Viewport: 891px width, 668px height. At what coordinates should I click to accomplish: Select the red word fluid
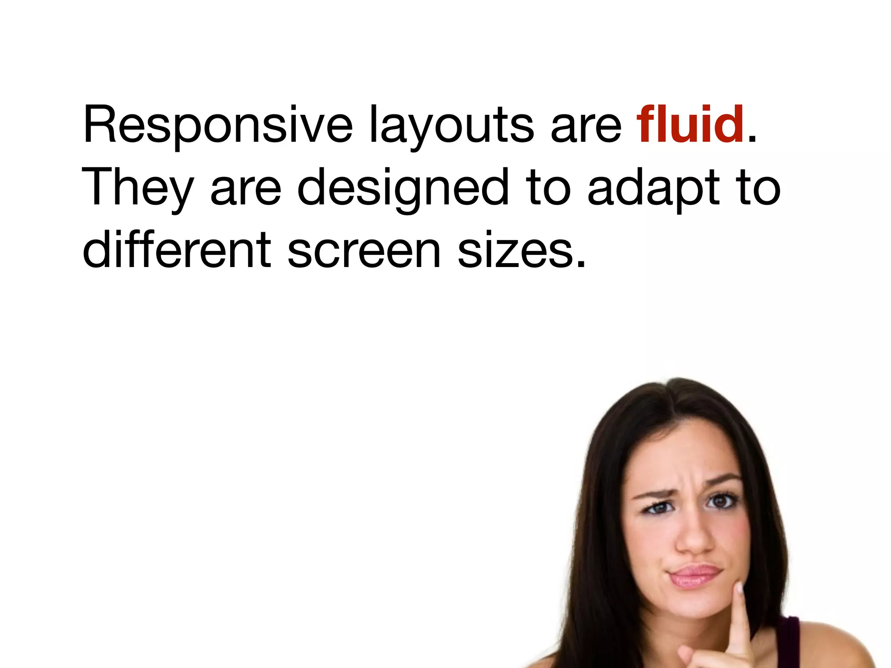(690, 124)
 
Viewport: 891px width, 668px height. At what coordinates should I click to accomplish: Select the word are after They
(246, 190)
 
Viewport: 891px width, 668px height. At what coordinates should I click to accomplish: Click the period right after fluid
(752, 140)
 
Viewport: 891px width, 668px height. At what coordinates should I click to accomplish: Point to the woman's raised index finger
(740, 618)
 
